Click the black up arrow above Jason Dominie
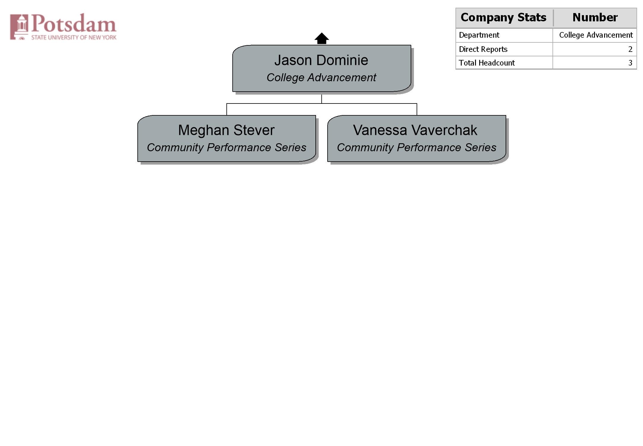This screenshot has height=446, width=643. pos(322,38)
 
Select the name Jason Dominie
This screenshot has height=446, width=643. pos(321,60)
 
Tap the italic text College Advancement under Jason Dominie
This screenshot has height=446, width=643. pos(321,78)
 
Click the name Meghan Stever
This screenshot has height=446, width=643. pos(226,130)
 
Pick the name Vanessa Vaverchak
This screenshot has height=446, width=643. pos(415,130)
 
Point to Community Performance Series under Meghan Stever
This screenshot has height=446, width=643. pos(227,147)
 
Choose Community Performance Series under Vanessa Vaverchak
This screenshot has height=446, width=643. pos(417,147)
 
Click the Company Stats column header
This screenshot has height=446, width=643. pos(504,17)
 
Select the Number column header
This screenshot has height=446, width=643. pos(595,17)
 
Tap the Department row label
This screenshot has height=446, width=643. pos(479,35)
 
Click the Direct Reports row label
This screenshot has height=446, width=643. pos(483,49)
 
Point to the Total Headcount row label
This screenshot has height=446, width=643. pos(487,63)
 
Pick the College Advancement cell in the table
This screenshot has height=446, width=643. pos(596,35)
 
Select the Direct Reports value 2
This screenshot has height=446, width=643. pos(630,49)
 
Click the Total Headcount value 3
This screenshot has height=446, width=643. pos(630,63)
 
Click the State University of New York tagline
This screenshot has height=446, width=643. pos(74,37)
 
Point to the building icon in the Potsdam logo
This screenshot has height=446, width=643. pos(19,27)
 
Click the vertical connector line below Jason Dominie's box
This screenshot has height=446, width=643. pos(322,99)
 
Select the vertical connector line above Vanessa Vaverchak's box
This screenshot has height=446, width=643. pos(417,109)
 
